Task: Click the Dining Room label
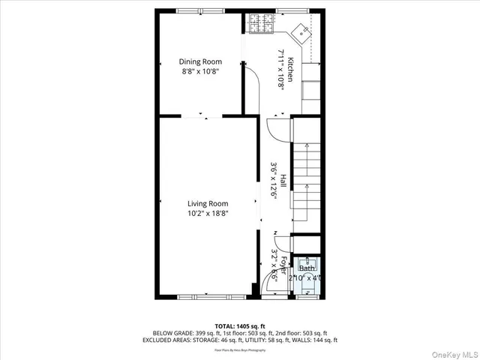click(x=198, y=61)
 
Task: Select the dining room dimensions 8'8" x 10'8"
click(x=198, y=72)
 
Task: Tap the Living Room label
click(x=208, y=203)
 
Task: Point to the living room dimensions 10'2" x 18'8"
click(x=208, y=214)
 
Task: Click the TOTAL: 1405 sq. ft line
click(x=239, y=326)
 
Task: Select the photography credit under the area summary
click(x=239, y=349)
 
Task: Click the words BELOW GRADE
click(x=170, y=333)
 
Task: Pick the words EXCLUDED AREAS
click(x=177, y=340)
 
